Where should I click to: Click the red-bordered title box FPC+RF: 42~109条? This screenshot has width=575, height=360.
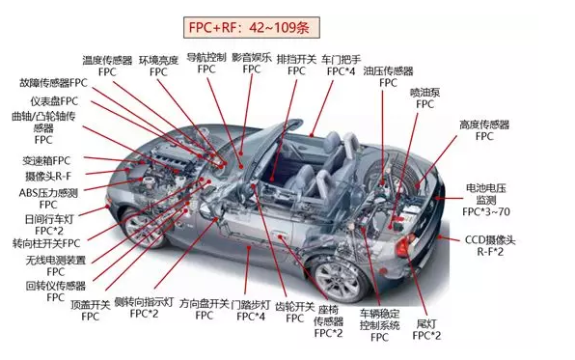coord(252,27)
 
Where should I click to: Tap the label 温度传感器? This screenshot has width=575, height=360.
coord(107,60)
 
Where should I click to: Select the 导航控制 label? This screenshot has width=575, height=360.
coord(206,57)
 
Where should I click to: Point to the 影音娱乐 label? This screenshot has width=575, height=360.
coord(252,57)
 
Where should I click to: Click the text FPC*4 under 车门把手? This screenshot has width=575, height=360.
coord(341,71)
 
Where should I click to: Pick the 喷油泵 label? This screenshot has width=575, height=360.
coord(425,93)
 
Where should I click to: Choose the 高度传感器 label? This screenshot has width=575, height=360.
coord(484,125)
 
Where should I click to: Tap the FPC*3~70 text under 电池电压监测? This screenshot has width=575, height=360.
coord(486,211)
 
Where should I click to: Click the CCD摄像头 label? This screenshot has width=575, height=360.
coord(490,240)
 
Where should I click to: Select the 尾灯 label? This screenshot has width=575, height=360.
coord(426,323)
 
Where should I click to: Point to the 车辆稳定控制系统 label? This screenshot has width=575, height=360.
coord(379,319)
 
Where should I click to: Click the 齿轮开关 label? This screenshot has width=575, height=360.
coord(295,306)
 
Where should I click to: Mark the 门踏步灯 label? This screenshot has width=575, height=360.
coord(251,305)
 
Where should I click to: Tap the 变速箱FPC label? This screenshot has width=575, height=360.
coord(46,160)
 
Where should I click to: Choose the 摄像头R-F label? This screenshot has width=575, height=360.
coord(48,177)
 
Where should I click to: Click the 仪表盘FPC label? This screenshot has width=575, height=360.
coord(54,101)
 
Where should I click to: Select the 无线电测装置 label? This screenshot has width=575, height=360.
coord(56,261)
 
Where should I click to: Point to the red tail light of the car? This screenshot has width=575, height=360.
coord(403,245)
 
